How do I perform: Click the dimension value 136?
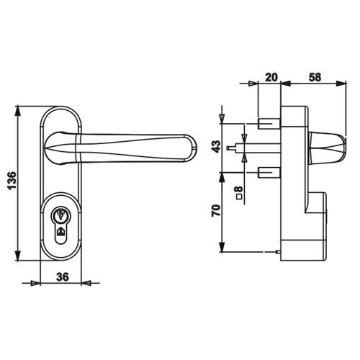click(x=12, y=181)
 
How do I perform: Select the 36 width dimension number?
click(x=63, y=276)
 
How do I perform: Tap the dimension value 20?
click(x=271, y=77)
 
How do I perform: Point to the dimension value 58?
click(x=315, y=77)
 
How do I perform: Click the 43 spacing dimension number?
click(x=216, y=147)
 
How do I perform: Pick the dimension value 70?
click(x=216, y=210)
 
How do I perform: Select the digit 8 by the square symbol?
click(x=239, y=189)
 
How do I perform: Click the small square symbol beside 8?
click(x=239, y=197)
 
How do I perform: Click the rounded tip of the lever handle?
click(x=192, y=148)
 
